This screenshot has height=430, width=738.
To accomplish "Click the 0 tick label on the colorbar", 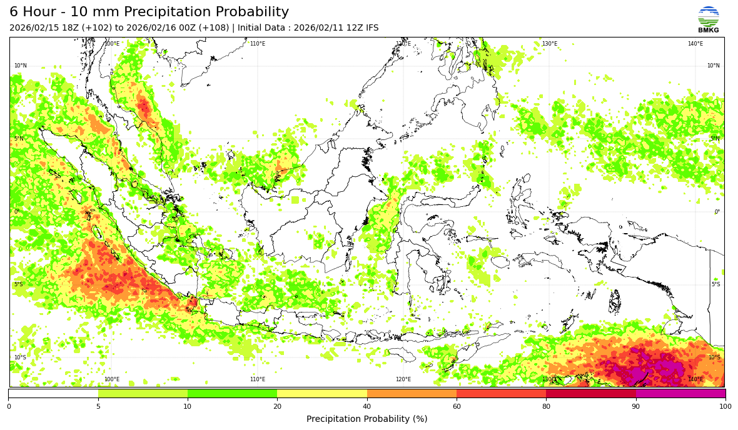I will (9, 407).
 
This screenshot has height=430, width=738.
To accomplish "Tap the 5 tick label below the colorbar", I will (98, 407).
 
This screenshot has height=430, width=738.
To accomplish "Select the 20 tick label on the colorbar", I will (277, 407).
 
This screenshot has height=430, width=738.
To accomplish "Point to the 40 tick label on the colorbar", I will (367, 407).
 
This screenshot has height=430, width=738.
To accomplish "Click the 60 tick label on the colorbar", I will (457, 407).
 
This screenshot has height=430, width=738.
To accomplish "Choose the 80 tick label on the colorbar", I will (546, 407).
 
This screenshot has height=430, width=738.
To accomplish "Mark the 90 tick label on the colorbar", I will (636, 407).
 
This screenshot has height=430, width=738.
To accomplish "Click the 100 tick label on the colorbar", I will (725, 407).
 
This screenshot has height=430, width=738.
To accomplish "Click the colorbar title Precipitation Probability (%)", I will (366, 419).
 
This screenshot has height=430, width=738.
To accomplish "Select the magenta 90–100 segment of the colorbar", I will (680, 394).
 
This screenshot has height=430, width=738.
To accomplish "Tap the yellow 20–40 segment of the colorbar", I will (322, 394).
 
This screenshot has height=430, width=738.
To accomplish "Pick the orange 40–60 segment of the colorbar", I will (412, 394).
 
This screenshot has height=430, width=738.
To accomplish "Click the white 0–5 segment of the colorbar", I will (53, 394).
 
